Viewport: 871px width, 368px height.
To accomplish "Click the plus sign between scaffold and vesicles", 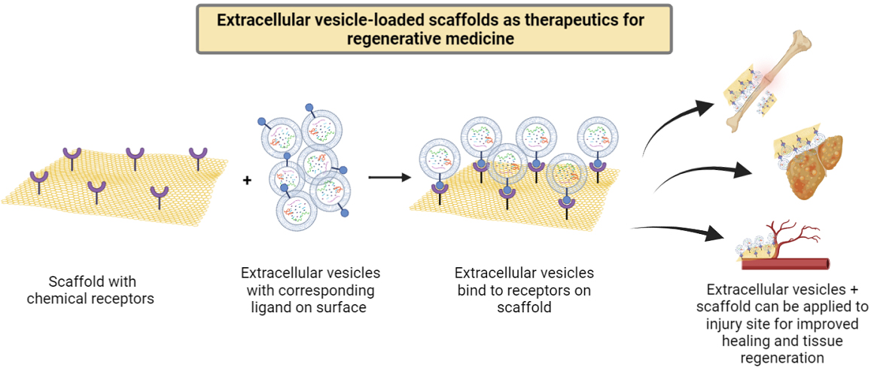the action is click(x=247, y=180).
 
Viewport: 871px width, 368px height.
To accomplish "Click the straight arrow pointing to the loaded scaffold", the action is click(x=389, y=178).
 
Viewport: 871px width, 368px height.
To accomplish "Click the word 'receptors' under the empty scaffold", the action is click(x=126, y=298).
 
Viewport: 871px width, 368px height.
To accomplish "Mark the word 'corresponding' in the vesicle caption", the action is click(x=333, y=290).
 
